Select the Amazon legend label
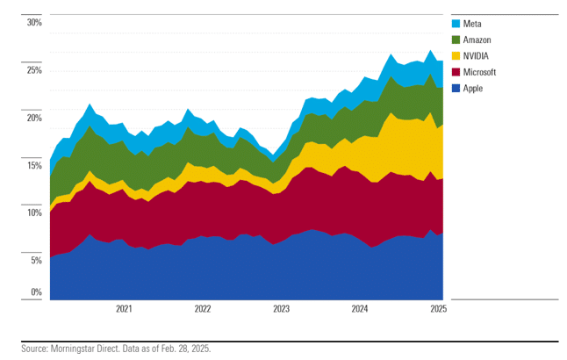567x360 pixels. coord(477,40)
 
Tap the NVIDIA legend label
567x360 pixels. coord(476,55)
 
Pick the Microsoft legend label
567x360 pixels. coord(479,72)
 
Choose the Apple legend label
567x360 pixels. coord(473,88)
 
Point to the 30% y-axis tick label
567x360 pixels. coord(34,22)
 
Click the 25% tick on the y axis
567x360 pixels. coord(34,69)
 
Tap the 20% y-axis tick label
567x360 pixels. coord(34,117)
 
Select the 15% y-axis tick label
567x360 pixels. coord(34,164)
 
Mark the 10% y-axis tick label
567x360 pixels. coord(34,212)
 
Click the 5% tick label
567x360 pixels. coord(36,260)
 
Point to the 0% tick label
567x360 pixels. coord(36,292)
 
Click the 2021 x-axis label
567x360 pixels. coord(124,309)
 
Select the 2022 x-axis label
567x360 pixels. coord(203,309)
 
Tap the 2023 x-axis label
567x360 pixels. coord(281,309)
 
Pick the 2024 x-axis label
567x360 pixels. coord(360,309)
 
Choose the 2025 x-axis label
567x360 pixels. coord(438,309)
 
